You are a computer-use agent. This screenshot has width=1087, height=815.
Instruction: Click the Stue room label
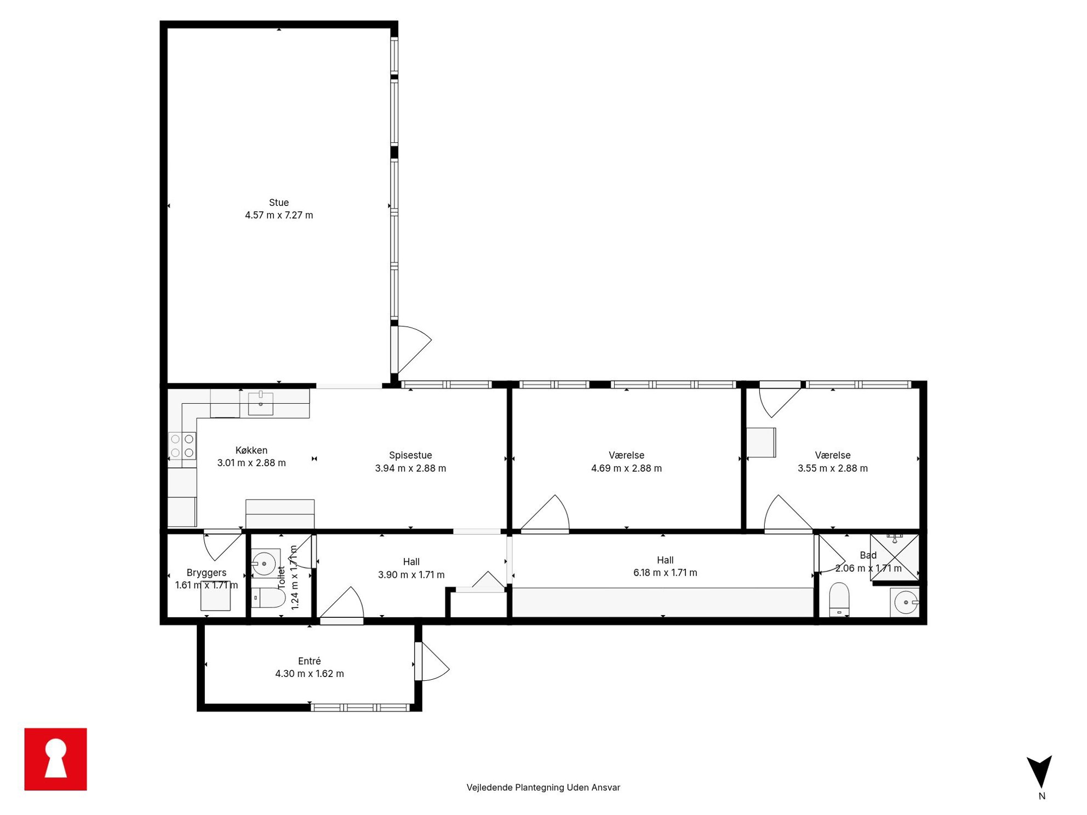pyautogui.click(x=279, y=203)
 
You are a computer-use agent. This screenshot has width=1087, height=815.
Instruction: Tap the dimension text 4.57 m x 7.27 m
pyautogui.click(x=279, y=215)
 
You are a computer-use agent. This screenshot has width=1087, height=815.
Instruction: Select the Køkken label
pyautogui.click(x=251, y=450)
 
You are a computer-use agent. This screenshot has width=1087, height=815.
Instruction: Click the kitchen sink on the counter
pyautogui.click(x=261, y=403)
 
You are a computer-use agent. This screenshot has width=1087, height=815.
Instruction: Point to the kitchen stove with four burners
pyautogui.click(x=182, y=446)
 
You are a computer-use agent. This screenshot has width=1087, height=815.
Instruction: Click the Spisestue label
pyautogui.click(x=410, y=455)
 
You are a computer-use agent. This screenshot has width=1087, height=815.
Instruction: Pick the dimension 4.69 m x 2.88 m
pyautogui.click(x=626, y=468)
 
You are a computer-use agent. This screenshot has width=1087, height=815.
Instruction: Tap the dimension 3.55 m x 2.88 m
pyautogui.click(x=833, y=468)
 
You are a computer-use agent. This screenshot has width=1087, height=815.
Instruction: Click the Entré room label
pyautogui.click(x=310, y=661)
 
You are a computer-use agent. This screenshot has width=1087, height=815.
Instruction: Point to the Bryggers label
pyautogui.click(x=207, y=573)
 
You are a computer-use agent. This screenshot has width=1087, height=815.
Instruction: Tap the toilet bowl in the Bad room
pyautogui.click(x=839, y=600)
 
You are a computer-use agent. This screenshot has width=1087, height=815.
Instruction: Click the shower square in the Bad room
pyautogui.click(x=895, y=557)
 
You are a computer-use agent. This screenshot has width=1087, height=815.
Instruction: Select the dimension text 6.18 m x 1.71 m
pyautogui.click(x=665, y=573)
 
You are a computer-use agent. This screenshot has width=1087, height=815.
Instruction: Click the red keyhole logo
pyautogui.click(x=56, y=759)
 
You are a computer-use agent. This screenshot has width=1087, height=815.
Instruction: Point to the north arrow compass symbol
pyautogui.click(x=1039, y=772)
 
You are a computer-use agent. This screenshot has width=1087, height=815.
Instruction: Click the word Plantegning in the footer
pyautogui.click(x=539, y=788)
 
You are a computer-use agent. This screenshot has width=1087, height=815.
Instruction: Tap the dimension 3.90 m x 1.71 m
pyautogui.click(x=411, y=575)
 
